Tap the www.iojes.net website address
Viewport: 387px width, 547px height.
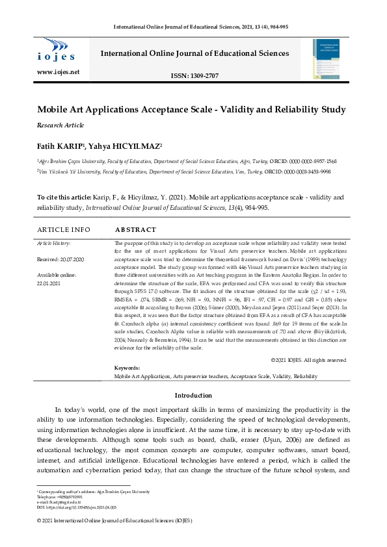pos(59,71)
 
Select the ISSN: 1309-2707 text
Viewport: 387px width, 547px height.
pos(194,76)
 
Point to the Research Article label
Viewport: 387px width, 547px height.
pos(60,125)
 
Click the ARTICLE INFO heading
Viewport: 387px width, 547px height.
pos(64,230)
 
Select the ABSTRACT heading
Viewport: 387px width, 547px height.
pos(135,230)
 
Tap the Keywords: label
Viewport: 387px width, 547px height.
pos(127,368)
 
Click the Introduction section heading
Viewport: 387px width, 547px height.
pos(193,396)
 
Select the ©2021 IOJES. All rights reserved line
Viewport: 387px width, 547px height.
pos(308,360)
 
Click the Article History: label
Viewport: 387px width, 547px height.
pos(53,243)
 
